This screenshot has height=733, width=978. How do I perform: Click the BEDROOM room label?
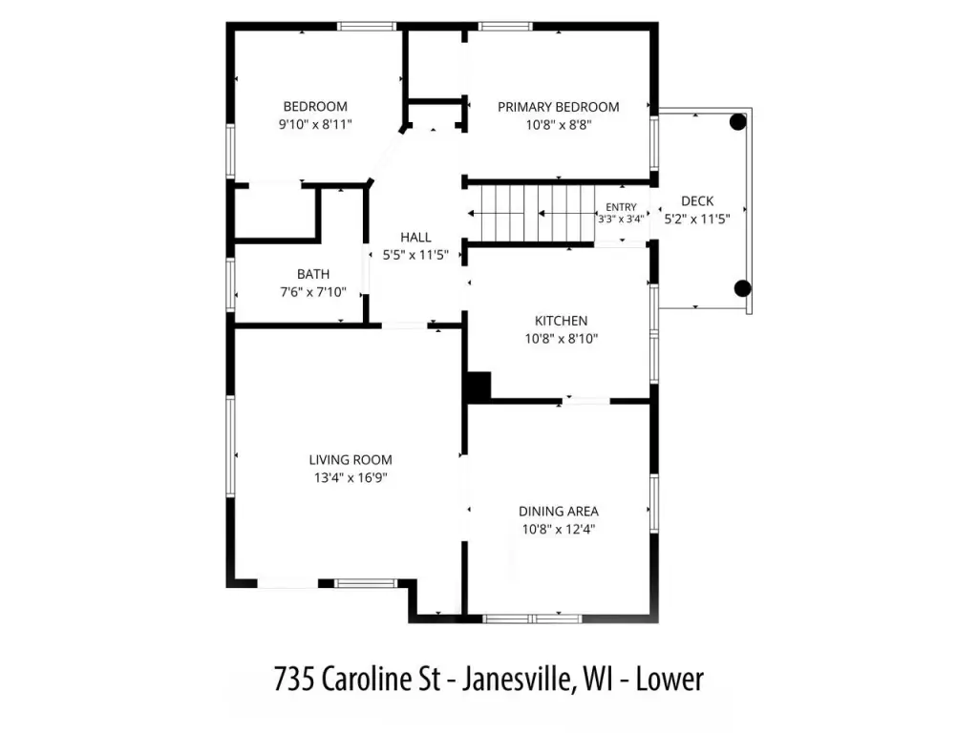pos(315,107)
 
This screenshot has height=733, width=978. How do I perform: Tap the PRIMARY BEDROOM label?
pos(558,107)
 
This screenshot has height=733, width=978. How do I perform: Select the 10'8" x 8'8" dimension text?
pos(558,125)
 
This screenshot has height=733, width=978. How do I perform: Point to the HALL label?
pos(415,238)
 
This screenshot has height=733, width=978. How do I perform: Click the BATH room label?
pos(313,274)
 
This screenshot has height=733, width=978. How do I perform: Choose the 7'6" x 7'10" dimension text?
pos(313,292)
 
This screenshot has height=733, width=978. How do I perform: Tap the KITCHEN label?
pos(561,321)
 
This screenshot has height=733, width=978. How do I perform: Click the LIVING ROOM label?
pos(351,460)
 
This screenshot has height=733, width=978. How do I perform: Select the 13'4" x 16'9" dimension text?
pos(351,478)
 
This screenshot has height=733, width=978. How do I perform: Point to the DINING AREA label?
pos(558,512)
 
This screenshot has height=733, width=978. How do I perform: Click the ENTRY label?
pos(621,207)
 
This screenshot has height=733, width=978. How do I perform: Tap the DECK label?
pos(697,201)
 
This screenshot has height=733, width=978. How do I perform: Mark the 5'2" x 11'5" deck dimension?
pos(697,219)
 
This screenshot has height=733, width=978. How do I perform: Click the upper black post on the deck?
pos(738,121)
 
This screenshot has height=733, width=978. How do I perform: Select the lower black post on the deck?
pos(742,288)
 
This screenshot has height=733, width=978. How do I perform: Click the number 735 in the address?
pos(295,679)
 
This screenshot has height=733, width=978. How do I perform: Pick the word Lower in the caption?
pos(670,679)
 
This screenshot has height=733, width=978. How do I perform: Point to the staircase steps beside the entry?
pos(537,213)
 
